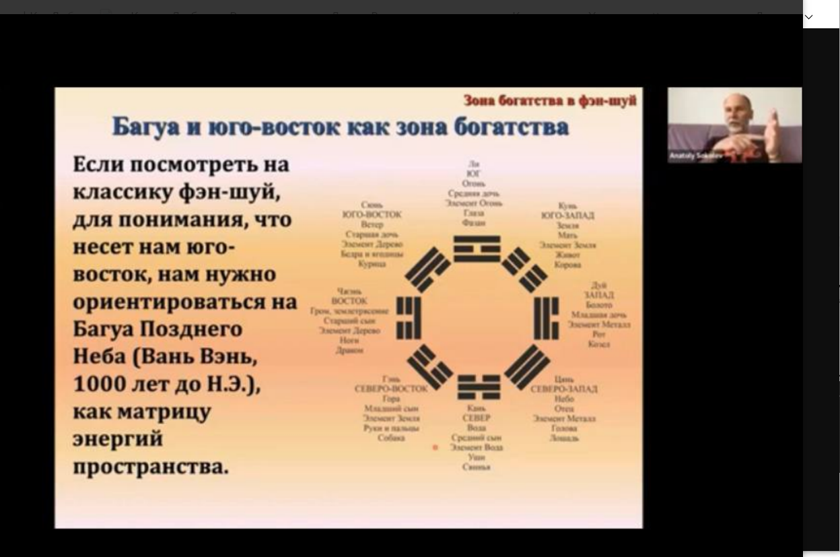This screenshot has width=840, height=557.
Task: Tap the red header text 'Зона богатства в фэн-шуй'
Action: pyautogui.click(x=550, y=100)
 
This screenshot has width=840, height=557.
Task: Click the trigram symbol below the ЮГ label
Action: pyautogui.click(x=477, y=249)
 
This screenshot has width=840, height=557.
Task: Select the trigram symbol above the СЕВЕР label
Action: pyautogui.click(x=479, y=387)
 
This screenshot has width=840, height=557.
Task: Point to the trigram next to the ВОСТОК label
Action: pyautogui.click(x=408, y=317)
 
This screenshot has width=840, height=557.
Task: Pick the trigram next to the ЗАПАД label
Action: pyautogui.click(x=546, y=317)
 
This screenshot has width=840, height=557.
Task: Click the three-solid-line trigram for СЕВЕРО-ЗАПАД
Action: pyautogui.click(x=527, y=366)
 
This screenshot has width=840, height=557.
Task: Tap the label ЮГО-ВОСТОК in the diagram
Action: pyautogui.click(x=372, y=214)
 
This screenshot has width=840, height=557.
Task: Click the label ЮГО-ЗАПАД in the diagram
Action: pyautogui.click(x=567, y=216)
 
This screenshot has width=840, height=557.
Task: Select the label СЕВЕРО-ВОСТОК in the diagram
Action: pyautogui.click(x=391, y=389)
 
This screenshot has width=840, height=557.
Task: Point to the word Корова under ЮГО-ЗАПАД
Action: pyautogui.click(x=567, y=265)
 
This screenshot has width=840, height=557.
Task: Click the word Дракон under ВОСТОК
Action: pyautogui.click(x=349, y=350)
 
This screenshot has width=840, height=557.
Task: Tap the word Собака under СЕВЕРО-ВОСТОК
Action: pyautogui.click(x=391, y=438)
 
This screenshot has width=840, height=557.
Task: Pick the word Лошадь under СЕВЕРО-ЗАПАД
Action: pyautogui.click(x=564, y=438)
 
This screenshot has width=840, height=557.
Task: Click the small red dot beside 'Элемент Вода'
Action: pyautogui.click(x=435, y=447)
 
